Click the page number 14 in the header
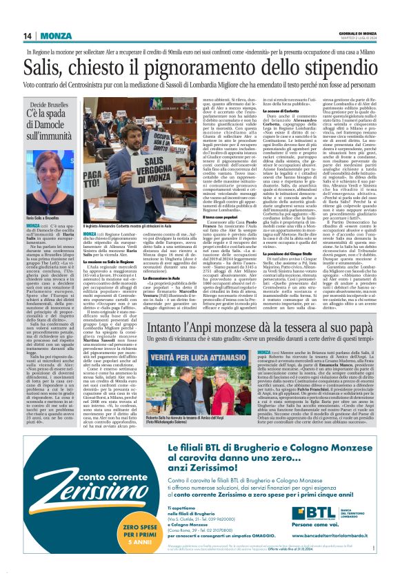[28, 36]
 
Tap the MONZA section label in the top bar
[56, 36]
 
